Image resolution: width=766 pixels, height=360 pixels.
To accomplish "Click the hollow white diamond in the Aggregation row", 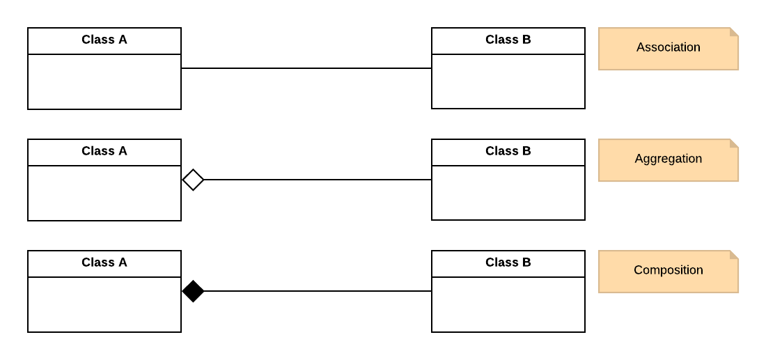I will (193, 180).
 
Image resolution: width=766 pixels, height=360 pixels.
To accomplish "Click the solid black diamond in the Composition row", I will (193, 291).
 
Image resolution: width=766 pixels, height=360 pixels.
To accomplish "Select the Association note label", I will (668, 47).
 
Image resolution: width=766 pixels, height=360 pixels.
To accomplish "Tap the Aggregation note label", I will (668, 159).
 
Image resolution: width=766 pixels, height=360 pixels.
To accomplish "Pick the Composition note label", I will (668, 270).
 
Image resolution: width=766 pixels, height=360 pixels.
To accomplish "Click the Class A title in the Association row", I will (104, 40).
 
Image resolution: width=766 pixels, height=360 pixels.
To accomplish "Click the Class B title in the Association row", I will (508, 40).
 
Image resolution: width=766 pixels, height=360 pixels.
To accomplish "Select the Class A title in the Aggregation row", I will (104, 151).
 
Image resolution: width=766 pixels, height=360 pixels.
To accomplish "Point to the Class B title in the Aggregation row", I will (508, 151).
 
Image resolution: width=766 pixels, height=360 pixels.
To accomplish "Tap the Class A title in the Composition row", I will (104, 263).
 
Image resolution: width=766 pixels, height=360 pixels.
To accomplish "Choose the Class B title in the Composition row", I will (508, 263).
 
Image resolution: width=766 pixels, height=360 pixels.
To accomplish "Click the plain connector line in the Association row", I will (306, 68).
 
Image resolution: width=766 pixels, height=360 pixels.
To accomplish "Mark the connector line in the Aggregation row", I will (317, 180).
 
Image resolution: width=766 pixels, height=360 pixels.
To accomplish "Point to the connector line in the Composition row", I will (317, 291).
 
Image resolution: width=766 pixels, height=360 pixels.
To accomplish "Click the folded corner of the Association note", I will (734, 32).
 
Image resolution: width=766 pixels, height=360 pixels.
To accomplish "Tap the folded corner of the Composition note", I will (734, 255).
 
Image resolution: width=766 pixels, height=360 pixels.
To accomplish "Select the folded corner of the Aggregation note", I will (734, 143).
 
